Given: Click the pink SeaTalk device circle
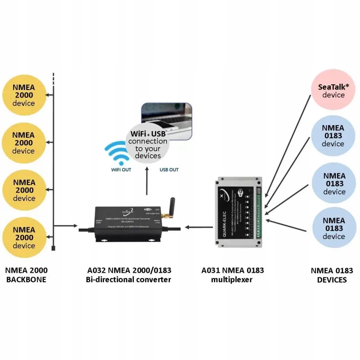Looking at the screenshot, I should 333,90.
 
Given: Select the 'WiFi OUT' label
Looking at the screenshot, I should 121,170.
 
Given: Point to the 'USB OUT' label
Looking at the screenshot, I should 169,170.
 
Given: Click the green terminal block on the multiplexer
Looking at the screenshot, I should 259,211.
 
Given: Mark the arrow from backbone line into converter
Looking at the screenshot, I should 66,226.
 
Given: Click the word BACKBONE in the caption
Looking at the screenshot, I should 26,280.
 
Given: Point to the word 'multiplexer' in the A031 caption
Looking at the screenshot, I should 232,280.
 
